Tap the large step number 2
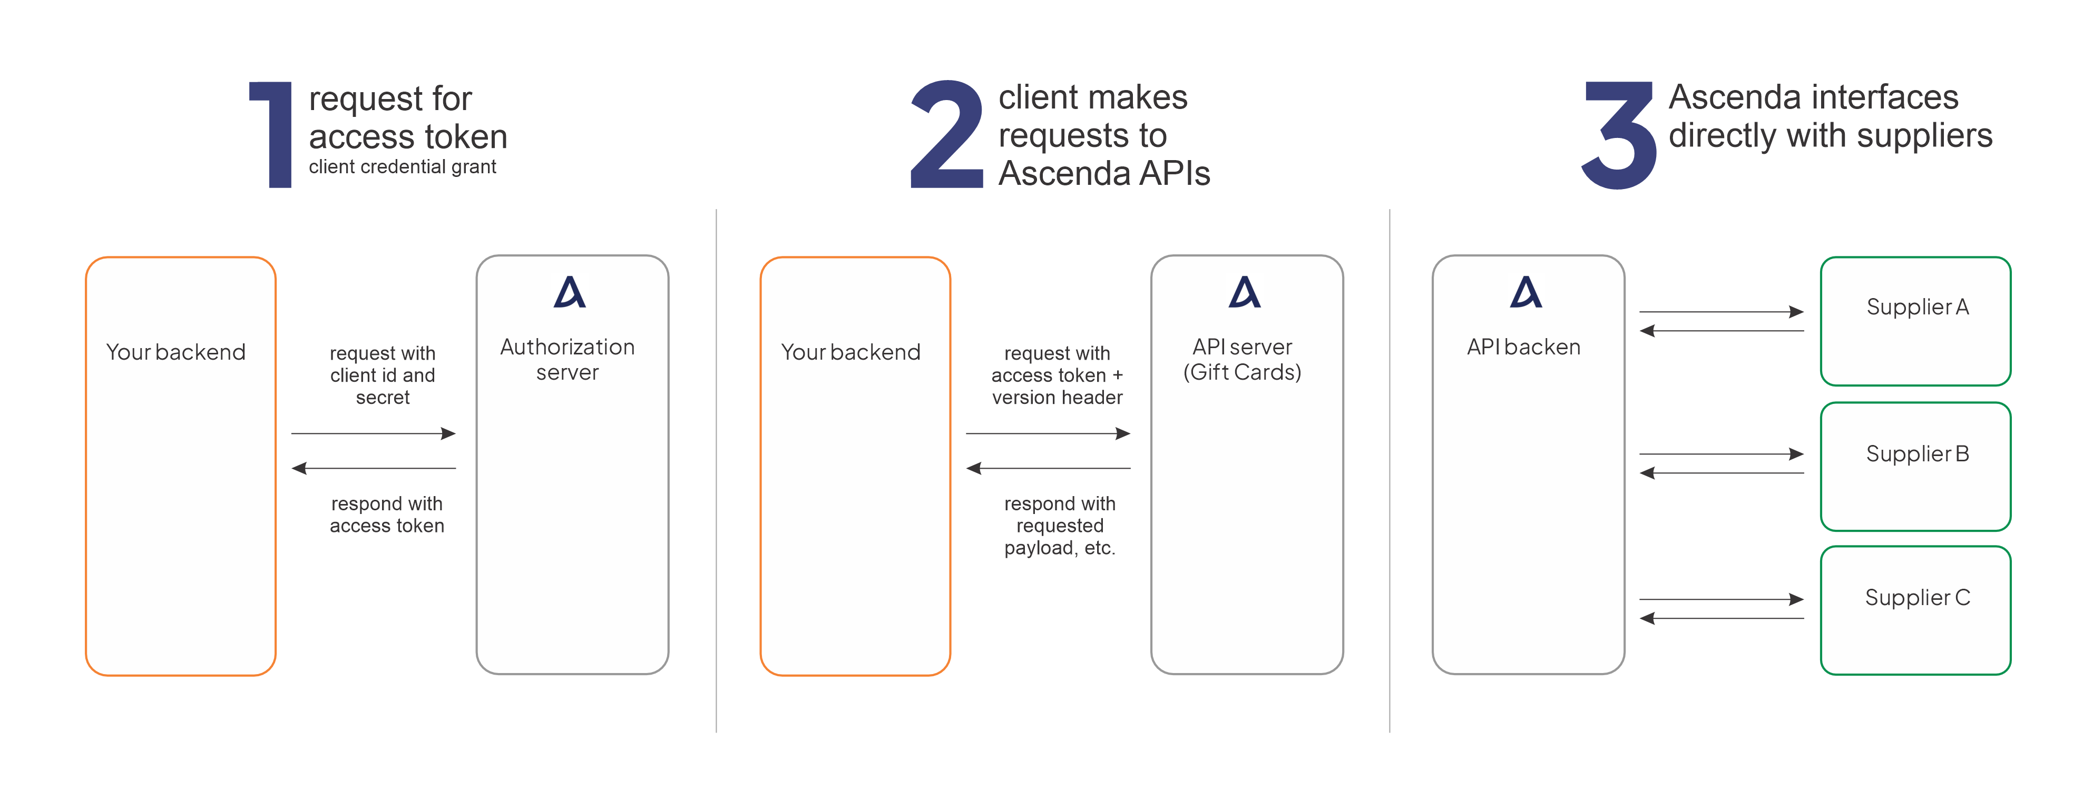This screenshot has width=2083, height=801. pos(947,134)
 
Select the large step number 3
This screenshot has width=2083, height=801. pos(1619,135)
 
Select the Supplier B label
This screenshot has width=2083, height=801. pos(1917,454)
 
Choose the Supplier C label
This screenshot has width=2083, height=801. pos(1917,598)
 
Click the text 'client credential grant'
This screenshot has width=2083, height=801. pos(403,167)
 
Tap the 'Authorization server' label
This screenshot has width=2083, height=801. pos(568,360)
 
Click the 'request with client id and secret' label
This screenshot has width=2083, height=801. pos(383,376)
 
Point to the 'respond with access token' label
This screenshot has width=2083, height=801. pos(387,515)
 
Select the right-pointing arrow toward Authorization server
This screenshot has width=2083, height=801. pos(374,434)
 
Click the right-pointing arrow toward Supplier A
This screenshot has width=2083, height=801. pos(1722,312)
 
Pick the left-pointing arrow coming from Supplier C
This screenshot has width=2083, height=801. pos(1722,618)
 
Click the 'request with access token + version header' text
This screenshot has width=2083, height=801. pos(1058,376)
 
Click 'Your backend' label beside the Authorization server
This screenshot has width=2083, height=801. pos(177,352)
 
